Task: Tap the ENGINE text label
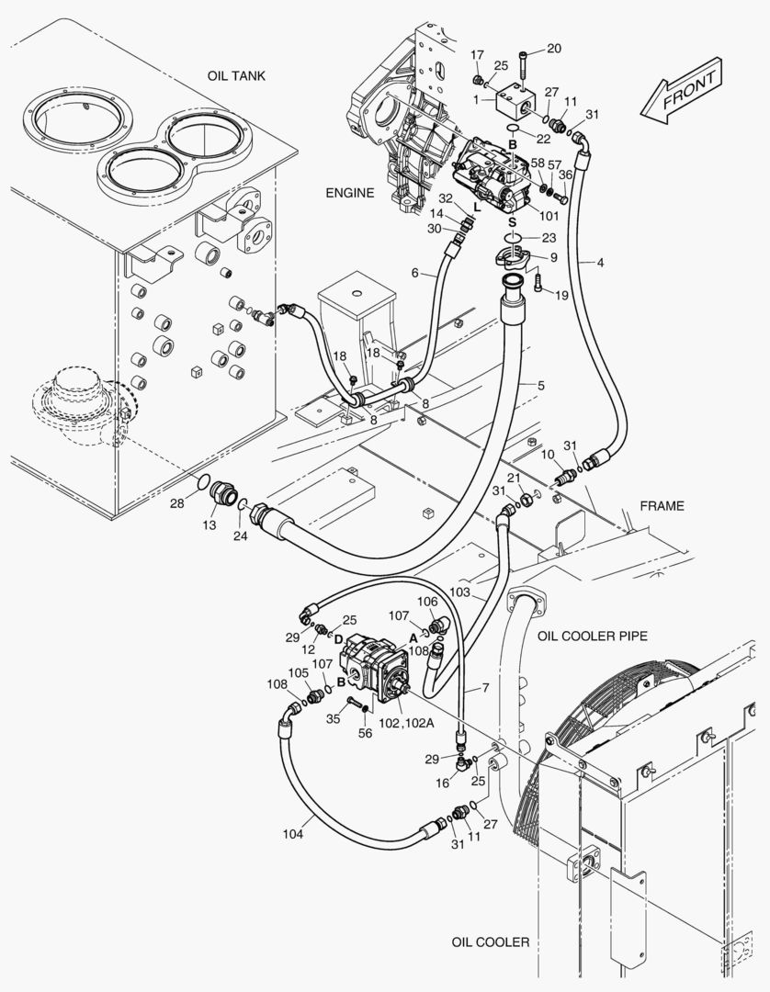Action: tap(349, 193)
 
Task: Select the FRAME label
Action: tap(662, 506)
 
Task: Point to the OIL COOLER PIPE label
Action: tap(593, 636)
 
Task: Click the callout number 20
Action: tap(553, 48)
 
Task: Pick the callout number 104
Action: tap(292, 834)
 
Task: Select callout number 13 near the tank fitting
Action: tap(209, 524)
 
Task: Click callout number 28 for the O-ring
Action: tap(176, 504)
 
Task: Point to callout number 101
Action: tap(549, 218)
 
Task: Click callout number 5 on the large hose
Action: tap(541, 386)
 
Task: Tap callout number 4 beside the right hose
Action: tap(600, 263)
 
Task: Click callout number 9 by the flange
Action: tap(553, 256)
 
